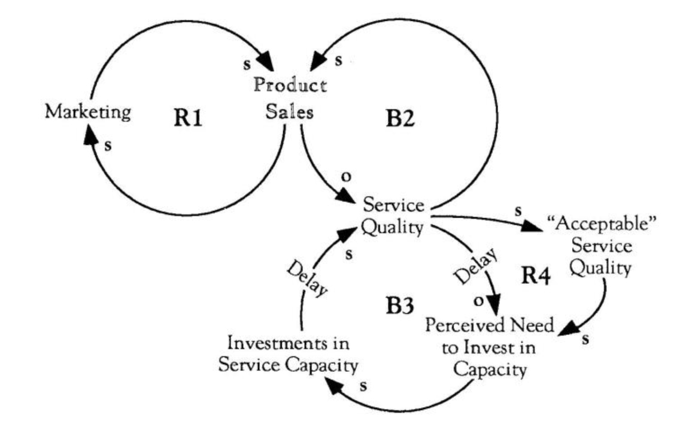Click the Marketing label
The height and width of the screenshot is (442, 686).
(x=88, y=112)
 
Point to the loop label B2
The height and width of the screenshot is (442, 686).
(x=400, y=119)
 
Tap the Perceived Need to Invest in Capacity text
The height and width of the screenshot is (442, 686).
(x=490, y=347)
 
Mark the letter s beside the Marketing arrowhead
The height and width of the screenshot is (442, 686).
(x=108, y=146)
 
